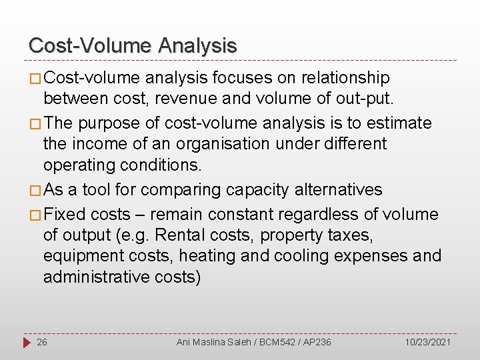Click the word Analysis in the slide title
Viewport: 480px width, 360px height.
pos(197,45)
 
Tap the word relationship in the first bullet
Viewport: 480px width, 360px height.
pos(345,78)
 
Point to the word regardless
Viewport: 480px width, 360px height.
pos(319,214)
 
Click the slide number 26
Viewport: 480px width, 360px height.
pos(42,342)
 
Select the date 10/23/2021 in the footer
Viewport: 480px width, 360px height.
pos(428,342)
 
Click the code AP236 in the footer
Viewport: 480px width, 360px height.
pos(317,342)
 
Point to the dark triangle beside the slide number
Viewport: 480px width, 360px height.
pos(27,342)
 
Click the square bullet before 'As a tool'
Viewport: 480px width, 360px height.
pos(35,191)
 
